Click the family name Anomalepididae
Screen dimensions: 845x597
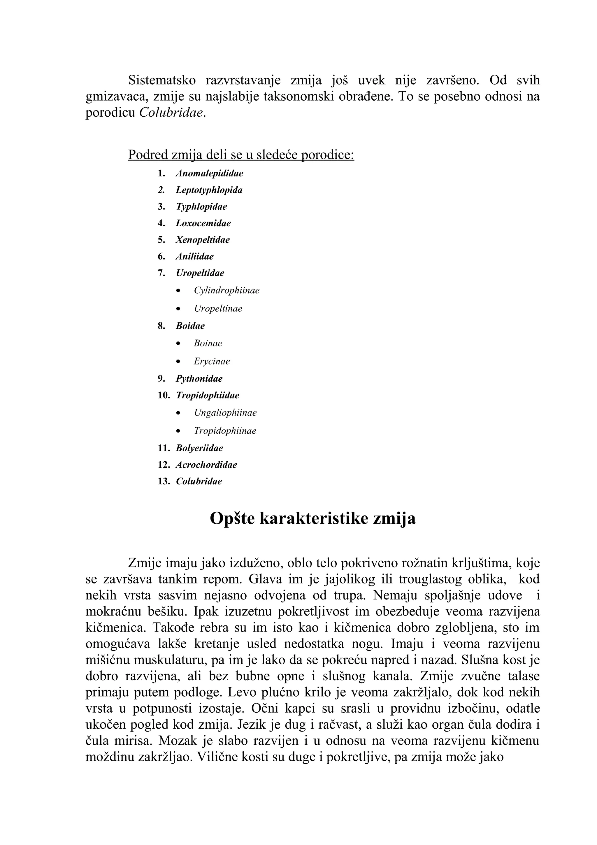(209, 173)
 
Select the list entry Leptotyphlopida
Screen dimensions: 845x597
(209, 190)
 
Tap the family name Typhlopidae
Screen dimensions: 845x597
(201, 207)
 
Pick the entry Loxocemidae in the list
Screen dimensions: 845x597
(203, 223)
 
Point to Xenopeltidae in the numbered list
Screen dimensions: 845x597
(203, 240)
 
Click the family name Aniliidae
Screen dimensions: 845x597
(195, 257)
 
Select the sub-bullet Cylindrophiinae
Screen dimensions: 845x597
(226, 290)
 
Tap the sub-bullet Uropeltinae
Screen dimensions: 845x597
(218, 308)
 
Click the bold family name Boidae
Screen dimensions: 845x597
(190, 326)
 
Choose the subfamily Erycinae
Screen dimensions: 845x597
(212, 361)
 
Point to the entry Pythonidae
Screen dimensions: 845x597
(199, 379)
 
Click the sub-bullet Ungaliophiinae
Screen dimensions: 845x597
(225, 413)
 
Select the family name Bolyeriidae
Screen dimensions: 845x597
(199, 448)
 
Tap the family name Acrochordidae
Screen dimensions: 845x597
(206, 465)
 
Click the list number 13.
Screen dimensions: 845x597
(164, 481)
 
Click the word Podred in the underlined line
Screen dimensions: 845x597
(148, 155)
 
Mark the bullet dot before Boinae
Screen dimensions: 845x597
(178, 344)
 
